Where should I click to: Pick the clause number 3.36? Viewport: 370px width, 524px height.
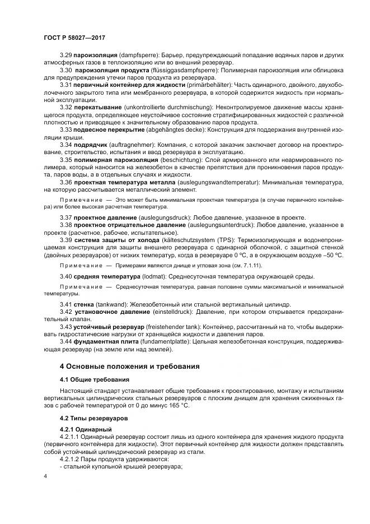pos(66,182)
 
